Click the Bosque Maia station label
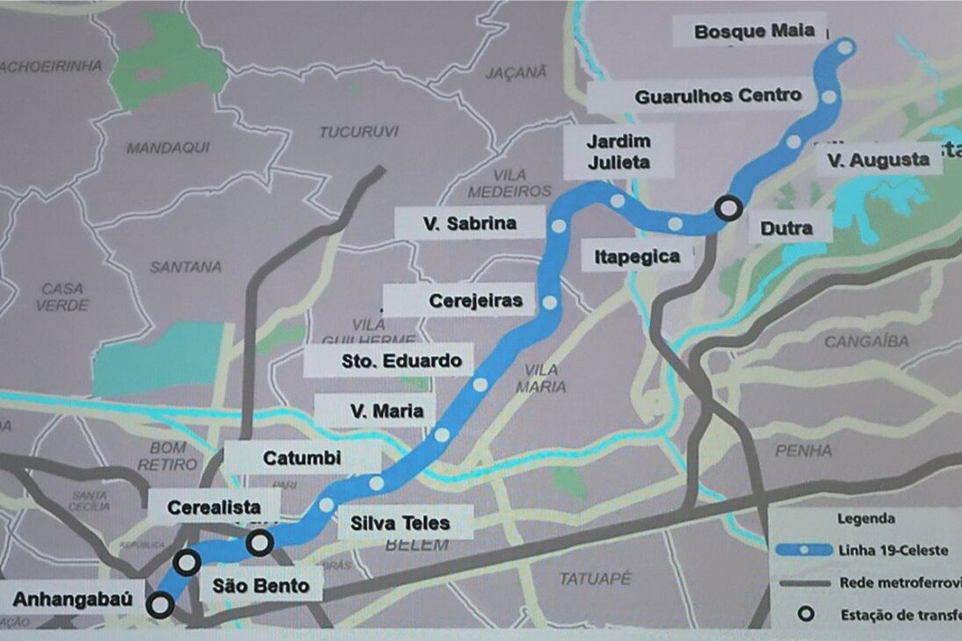coord(754,32)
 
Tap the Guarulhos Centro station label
coord(718,96)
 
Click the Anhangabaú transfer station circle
coord(160,604)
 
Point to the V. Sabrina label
coord(469,224)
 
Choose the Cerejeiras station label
coord(475,301)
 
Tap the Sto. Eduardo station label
coord(401,360)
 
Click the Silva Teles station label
coord(401,523)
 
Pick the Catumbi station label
coord(301,457)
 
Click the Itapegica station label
coord(637,256)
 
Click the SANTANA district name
coord(185,266)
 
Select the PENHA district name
coord(804,450)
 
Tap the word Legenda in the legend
coord(866,519)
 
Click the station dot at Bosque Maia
coord(845,47)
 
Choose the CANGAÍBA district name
coord(865,341)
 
